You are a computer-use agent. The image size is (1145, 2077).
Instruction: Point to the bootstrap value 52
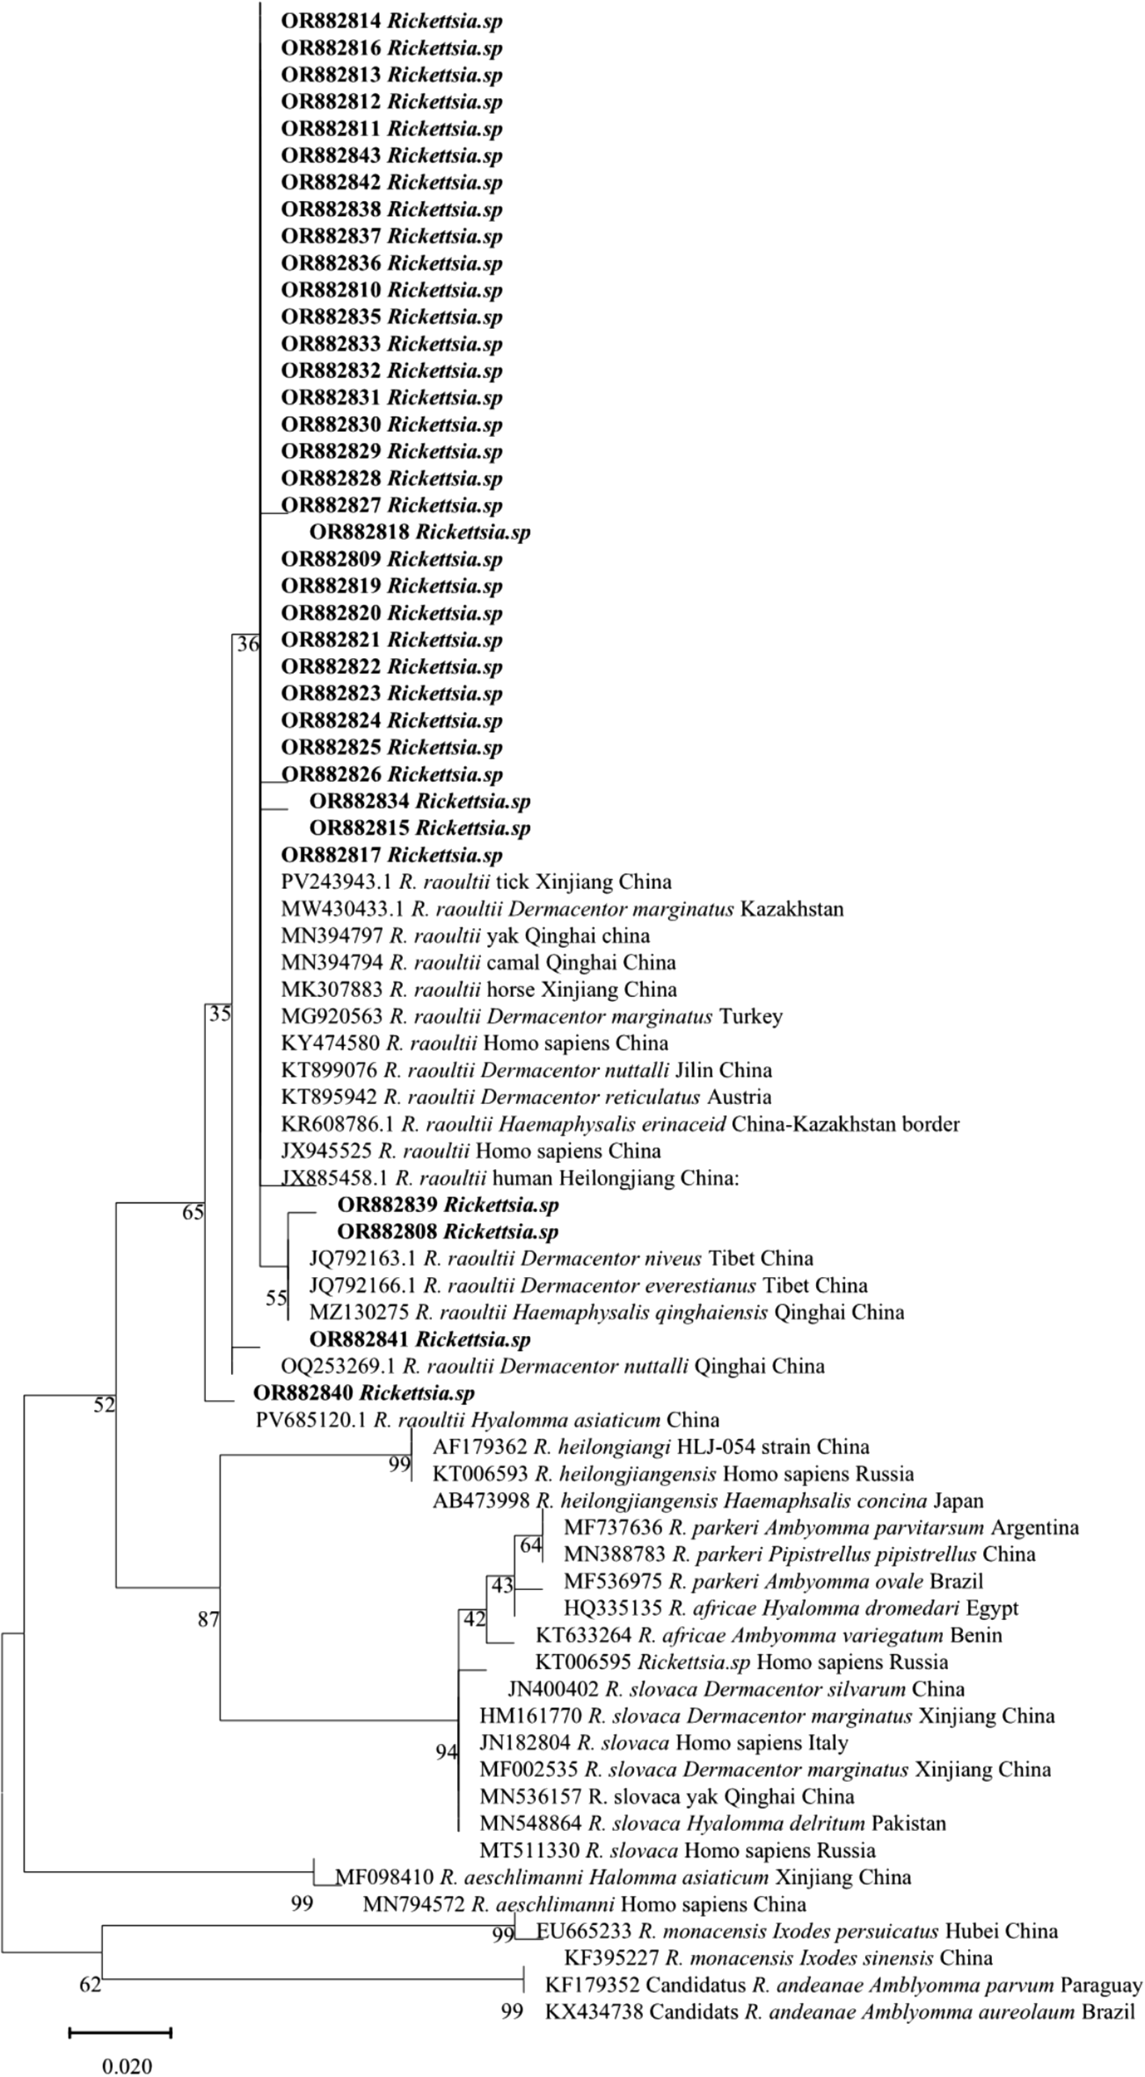pyautogui.click(x=104, y=1405)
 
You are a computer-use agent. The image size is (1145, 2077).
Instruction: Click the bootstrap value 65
pyautogui.click(x=193, y=1213)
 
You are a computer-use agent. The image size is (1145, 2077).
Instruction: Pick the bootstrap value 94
pyautogui.click(x=447, y=1751)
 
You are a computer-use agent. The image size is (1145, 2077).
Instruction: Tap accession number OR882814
pyautogui.click(x=331, y=22)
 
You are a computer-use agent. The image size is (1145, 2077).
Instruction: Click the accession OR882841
pyautogui.click(x=359, y=1338)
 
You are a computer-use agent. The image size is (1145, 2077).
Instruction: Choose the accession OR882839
pyautogui.click(x=387, y=1205)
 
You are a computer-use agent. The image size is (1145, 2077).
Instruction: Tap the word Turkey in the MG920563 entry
pyautogui.click(x=751, y=1016)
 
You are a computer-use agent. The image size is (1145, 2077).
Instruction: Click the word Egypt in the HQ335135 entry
pyautogui.click(x=993, y=1608)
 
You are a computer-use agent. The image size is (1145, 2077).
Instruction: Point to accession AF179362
pyautogui.click(x=479, y=1446)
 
